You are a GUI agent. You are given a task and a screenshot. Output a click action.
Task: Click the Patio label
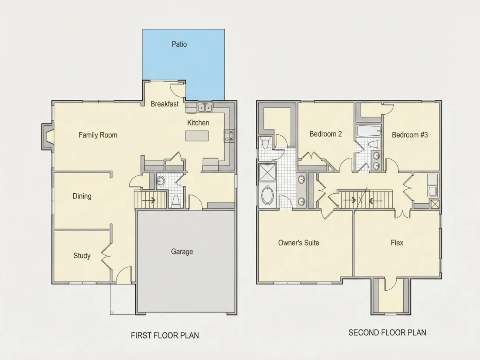click(179, 44)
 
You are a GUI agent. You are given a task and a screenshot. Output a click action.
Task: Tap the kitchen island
click(197, 136)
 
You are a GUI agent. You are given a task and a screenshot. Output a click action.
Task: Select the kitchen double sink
click(205, 108)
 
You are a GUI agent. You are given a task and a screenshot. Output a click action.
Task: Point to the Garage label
click(182, 252)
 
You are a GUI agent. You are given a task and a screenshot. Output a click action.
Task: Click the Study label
click(82, 256)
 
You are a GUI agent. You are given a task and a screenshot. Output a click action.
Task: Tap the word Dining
click(82, 196)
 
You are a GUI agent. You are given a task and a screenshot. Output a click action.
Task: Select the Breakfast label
click(165, 104)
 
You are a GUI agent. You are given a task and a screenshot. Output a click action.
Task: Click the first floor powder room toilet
click(176, 202)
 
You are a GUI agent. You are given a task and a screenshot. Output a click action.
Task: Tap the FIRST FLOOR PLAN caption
click(165, 336)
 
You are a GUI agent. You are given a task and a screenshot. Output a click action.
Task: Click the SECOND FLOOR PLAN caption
click(387, 333)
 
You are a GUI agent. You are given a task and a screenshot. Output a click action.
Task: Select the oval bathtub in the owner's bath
click(268, 195)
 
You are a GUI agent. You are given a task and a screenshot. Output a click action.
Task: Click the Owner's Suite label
click(298, 243)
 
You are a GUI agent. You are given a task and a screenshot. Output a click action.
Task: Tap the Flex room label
click(397, 243)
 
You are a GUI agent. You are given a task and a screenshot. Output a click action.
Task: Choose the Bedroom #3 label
click(410, 135)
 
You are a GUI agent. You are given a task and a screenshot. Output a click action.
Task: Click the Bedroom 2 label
click(326, 134)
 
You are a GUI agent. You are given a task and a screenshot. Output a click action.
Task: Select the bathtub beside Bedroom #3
click(369, 131)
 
